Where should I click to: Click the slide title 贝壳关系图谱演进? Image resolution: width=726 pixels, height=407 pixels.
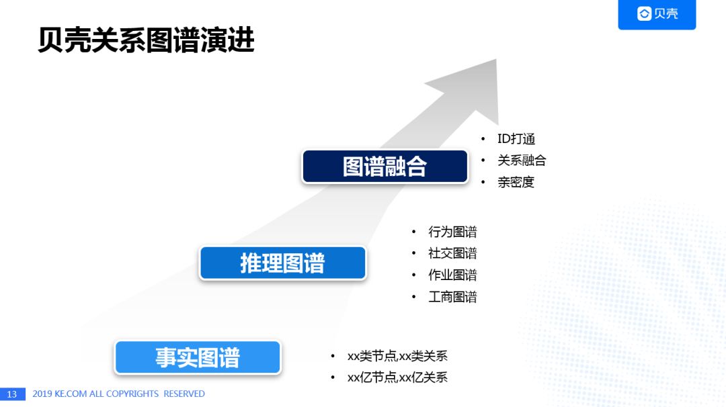[x=146, y=41]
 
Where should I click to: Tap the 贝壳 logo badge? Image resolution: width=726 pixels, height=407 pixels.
[x=657, y=14]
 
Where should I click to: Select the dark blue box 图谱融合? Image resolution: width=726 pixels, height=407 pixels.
[x=385, y=167]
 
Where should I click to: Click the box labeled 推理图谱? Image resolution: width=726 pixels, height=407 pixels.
[x=282, y=263]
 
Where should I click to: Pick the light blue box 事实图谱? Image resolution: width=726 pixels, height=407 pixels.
[x=198, y=357]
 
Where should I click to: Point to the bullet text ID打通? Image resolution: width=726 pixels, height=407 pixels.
[x=516, y=139]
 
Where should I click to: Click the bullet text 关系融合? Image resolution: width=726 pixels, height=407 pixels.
[x=521, y=161]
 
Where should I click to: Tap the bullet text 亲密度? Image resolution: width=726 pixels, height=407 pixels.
[x=516, y=182]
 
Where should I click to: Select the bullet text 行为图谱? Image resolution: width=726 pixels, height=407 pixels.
[x=452, y=232]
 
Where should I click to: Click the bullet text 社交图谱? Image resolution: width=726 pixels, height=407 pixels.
[x=452, y=253]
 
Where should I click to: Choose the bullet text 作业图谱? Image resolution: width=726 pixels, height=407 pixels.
[x=452, y=275]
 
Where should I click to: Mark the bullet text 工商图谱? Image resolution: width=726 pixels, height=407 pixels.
[x=452, y=296]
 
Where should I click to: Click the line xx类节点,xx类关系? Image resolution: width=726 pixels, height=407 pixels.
[x=397, y=356]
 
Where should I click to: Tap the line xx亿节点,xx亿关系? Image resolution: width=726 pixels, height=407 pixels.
[x=397, y=377]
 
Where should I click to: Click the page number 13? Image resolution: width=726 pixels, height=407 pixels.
[x=12, y=394]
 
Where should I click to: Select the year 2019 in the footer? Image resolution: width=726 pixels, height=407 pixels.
[x=42, y=394]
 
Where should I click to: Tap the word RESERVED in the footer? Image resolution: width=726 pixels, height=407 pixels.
[x=184, y=394]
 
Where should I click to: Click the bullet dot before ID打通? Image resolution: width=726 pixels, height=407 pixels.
[x=483, y=139]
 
